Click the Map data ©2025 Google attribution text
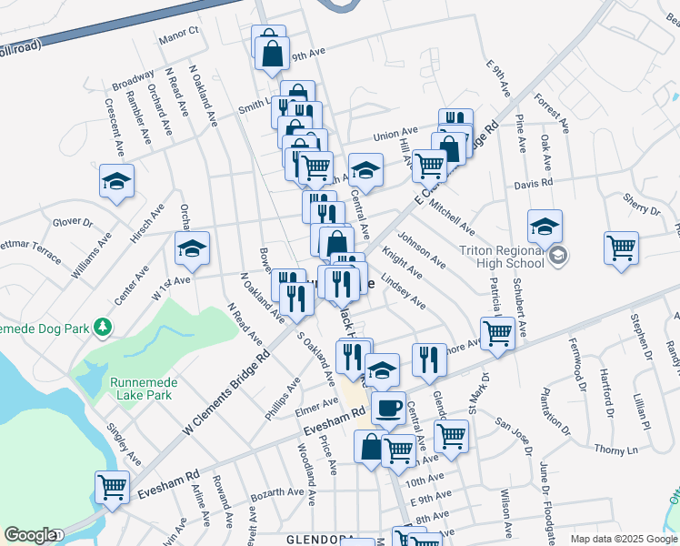(624, 539)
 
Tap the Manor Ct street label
(178, 34)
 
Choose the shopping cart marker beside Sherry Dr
(621, 248)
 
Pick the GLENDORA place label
(319, 540)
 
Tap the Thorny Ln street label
(617, 448)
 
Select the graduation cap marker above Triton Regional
(545, 226)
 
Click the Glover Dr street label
(73, 221)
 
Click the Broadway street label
(133, 79)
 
